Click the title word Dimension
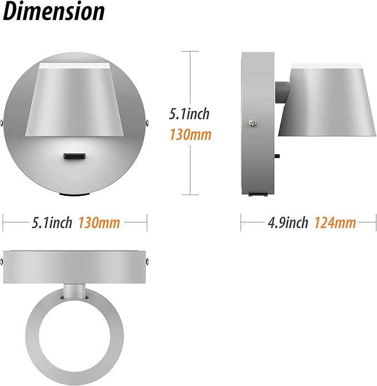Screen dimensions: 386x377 54,12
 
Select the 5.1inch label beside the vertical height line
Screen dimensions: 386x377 189,114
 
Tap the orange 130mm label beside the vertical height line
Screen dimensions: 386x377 190,134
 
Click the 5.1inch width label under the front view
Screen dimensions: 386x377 52,223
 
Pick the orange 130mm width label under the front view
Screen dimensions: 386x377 99,223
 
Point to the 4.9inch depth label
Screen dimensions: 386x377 288,223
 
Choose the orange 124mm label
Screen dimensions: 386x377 335,223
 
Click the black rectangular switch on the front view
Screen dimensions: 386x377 75,158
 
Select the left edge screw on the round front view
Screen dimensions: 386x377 4,122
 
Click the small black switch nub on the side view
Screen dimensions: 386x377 277,157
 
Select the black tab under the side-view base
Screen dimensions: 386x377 257,194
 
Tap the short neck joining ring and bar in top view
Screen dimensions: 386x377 74,289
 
